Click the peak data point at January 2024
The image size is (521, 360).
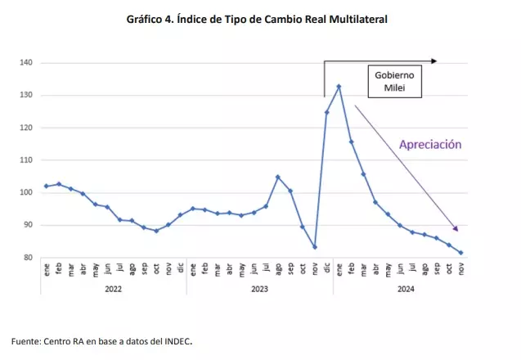coord(339,86)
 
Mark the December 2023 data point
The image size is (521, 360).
coord(327,112)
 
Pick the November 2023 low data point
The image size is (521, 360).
coord(315,247)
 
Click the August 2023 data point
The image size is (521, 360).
coord(278,177)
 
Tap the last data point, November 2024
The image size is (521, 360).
coord(460,253)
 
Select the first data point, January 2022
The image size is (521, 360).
coord(46,187)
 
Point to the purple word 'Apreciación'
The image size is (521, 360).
coord(430,144)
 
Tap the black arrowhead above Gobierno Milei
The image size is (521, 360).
coord(434,60)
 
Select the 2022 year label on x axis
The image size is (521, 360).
coord(113,288)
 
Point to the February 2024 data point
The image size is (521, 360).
coord(351,142)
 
